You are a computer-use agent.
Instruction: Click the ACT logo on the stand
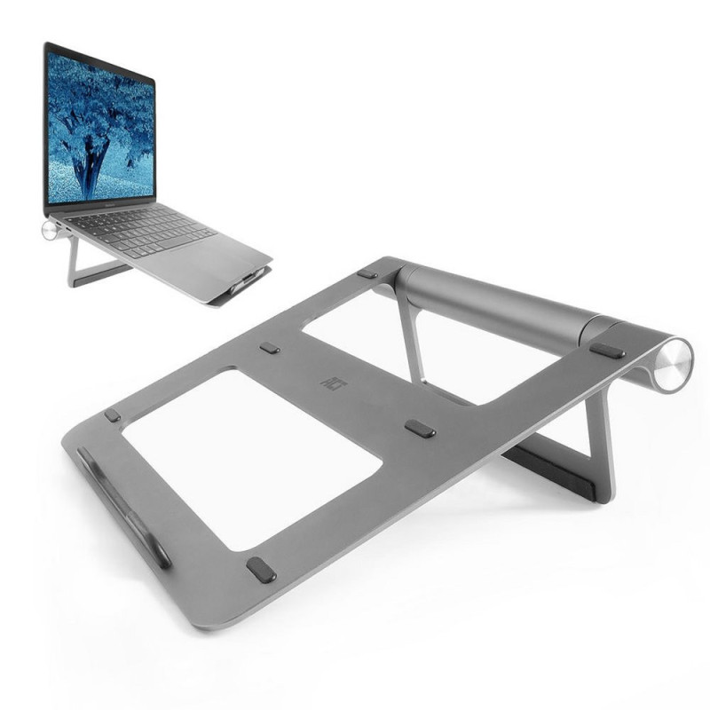(329, 382)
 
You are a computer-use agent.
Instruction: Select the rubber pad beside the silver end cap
(607, 351)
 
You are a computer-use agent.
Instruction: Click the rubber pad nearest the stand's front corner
(261, 570)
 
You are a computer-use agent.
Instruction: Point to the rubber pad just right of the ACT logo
(420, 429)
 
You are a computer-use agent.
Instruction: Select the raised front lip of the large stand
(124, 507)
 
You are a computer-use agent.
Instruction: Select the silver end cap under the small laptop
(49, 230)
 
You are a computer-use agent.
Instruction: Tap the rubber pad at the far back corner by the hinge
(367, 274)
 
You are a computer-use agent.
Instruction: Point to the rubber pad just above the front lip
(112, 414)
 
